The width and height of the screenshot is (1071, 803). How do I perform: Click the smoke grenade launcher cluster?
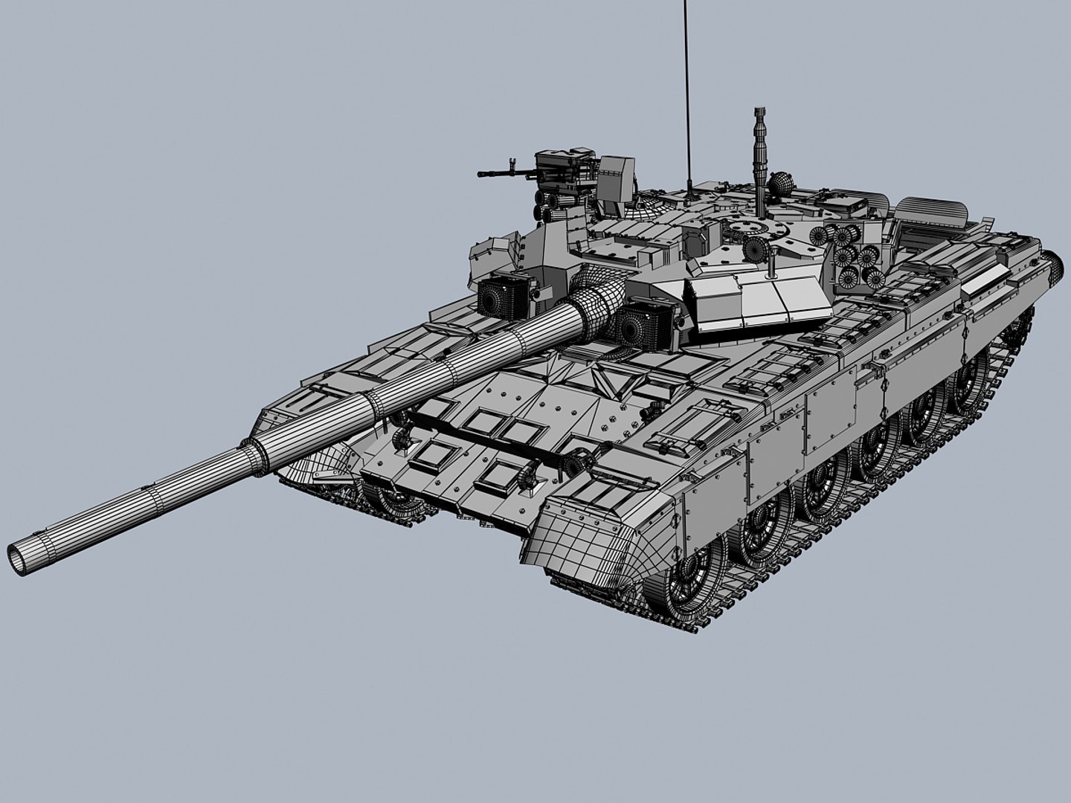[x=848, y=253]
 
